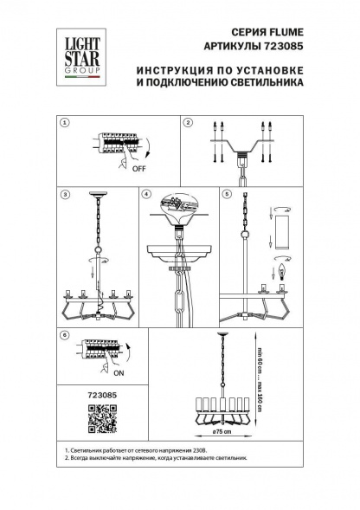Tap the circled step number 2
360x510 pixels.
tap(188, 124)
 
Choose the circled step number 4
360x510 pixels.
tap(147, 195)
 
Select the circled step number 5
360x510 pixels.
tap(228, 195)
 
